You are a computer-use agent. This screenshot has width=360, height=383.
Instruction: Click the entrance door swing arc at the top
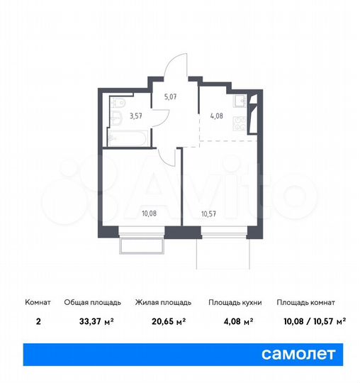[x=174, y=65]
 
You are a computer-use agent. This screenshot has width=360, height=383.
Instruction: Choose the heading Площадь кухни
[x=235, y=303]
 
